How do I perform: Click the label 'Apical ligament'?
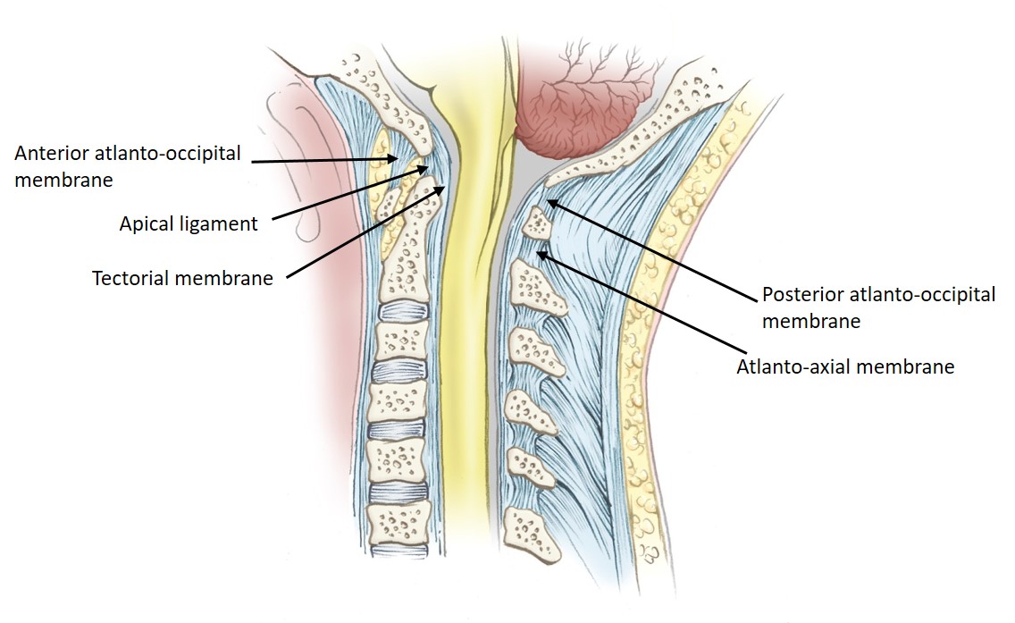tap(188, 223)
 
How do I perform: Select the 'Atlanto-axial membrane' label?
tap(845, 366)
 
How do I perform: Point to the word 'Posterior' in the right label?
tap(801, 295)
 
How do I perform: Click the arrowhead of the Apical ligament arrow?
tap(427, 167)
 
